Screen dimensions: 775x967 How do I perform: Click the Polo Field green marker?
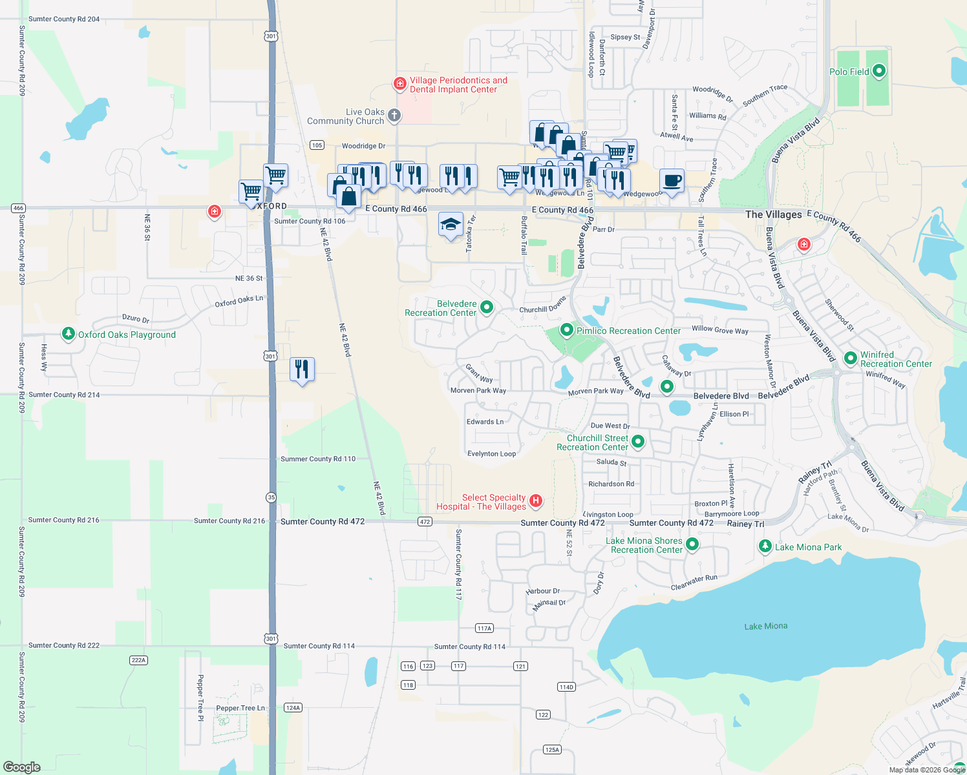click(878, 70)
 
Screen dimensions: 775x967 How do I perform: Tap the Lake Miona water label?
click(765, 626)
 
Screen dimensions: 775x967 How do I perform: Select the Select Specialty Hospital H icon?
click(535, 501)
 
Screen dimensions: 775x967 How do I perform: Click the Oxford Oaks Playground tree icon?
click(68, 333)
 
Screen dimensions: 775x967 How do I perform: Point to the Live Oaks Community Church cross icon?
click(394, 115)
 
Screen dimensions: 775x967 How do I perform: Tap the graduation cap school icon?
click(451, 225)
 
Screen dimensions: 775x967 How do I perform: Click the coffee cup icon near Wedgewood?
click(672, 180)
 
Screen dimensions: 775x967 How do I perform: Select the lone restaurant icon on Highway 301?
click(302, 369)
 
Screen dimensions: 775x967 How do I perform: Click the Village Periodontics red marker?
click(400, 84)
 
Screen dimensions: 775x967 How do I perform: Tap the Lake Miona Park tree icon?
click(765, 546)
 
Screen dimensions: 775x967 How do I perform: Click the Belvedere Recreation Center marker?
click(487, 307)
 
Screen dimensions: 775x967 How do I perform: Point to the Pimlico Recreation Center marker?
click(567, 330)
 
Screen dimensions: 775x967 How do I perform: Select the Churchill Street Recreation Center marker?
click(638, 441)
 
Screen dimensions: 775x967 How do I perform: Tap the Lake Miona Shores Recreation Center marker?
click(692, 544)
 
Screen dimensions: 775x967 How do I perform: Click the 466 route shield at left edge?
click(18, 208)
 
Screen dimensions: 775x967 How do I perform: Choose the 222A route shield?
click(139, 660)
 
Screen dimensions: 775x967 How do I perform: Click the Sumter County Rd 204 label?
click(64, 19)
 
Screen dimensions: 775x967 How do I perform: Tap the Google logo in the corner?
click(21, 767)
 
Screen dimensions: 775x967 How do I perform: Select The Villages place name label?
click(773, 214)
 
